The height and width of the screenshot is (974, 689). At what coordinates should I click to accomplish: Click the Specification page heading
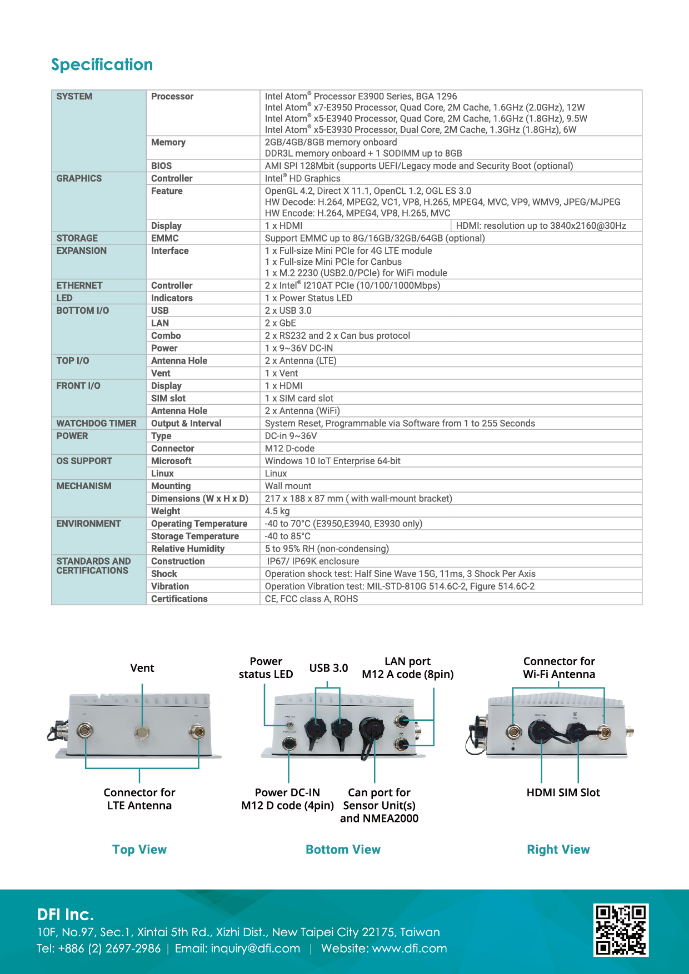pos(102,64)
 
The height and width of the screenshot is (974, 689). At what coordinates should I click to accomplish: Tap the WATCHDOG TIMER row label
pos(96,423)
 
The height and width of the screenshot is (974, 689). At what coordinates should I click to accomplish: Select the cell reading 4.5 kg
pos(277,511)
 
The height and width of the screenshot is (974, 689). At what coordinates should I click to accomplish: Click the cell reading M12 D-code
pos(289,448)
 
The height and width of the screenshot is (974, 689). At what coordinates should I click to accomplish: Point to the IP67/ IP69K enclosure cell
pos(313,561)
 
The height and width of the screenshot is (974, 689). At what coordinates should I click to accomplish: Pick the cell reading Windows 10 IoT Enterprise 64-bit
pos(332,461)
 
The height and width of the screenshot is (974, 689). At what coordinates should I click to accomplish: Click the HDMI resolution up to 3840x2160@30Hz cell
pos(541,225)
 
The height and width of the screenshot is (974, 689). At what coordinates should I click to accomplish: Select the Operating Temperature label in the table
pos(199,524)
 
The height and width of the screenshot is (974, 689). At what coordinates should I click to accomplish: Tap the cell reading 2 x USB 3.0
pos(288,310)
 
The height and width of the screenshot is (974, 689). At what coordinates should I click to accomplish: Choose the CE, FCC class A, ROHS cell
pos(311,599)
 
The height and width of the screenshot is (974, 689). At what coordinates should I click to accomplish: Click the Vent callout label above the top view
pos(142,668)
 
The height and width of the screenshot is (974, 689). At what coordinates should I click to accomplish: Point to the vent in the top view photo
pos(142,732)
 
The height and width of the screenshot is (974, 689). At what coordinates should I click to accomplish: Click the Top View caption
pos(139,850)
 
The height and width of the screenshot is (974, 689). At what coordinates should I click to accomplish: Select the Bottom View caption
pos(343,850)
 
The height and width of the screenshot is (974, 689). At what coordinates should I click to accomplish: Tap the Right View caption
pos(558,850)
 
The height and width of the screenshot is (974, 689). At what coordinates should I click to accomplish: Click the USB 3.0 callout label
pos(328,668)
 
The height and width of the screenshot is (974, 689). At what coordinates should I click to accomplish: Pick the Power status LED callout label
pos(266,668)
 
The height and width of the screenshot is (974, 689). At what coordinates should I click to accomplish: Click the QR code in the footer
pos(621,930)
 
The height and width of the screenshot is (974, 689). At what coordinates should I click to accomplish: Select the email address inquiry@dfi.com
pos(255,948)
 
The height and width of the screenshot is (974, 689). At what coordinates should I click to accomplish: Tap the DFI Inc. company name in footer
pos(66,915)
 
